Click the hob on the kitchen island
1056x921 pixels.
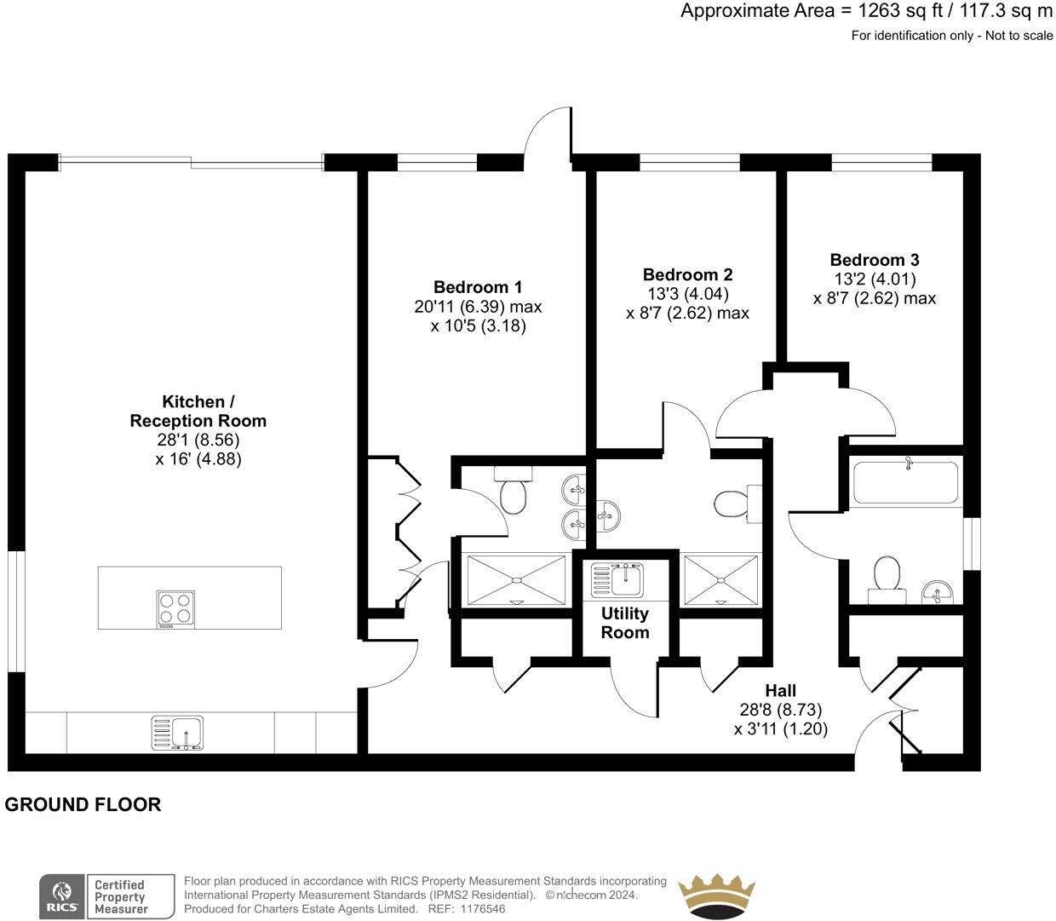click(x=175, y=609)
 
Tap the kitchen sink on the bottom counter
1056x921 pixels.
click(x=177, y=732)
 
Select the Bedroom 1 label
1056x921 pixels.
click(x=478, y=286)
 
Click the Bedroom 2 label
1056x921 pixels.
click(x=687, y=274)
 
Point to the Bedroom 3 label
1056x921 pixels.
click(x=875, y=260)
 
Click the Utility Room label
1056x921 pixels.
click(x=625, y=623)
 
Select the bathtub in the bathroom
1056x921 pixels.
click(x=905, y=481)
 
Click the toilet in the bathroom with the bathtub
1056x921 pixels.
click(x=886, y=574)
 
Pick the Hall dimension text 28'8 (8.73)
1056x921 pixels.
click(x=780, y=709)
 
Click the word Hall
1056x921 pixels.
click(x=780, y=690)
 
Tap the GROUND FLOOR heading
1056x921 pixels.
click(x=83, y=804)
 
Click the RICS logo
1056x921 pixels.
click(x=62, y=897)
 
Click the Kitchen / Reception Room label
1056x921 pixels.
click(x=198, y=411)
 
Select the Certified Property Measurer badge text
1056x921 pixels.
click(x=120, y=897)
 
